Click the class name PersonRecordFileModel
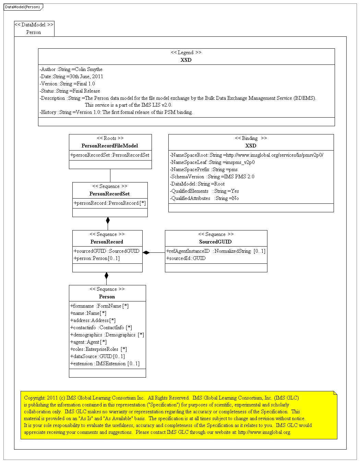tap(110, 146)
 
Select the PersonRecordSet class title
tap(110, 194)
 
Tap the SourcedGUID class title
tap(216, 242)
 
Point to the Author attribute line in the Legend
tap(71, 69)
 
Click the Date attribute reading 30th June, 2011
tap(71, 76)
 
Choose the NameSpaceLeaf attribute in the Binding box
tap(212, 162)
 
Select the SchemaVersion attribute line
tap(212, 177)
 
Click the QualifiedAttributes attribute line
tap(204, 198)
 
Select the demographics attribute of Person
tap(107, 335)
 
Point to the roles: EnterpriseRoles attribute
tap(99, 349)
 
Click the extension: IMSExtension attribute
tap(105, 364)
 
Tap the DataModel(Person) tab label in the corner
tap(22, 7)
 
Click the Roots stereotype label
tap(110, 138)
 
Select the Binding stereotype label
tap(251, 138)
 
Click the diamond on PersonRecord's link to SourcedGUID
tap(146, 253)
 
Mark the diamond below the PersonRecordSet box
tap(108, 220)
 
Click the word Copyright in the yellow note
tap(35, 398)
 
